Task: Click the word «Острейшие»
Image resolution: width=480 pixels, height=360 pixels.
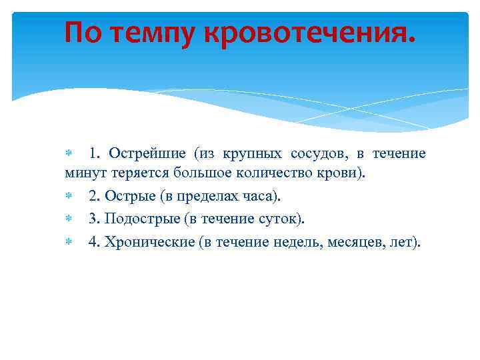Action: click(x=149, y=154)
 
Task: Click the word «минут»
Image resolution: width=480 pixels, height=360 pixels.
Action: click(x=81, y=175)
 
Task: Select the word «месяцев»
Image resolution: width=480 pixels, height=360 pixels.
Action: click(x=357, y=241)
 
